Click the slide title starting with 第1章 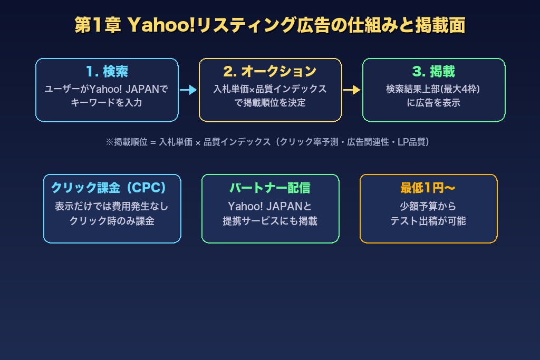coord(269,25)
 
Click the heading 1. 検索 coord(107,71)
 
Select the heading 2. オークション coord(270,71)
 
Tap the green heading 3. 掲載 coord(433,71)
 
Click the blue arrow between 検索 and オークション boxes coord(188,90)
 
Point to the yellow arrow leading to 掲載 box coord(352,90)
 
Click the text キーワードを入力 coord(107,103)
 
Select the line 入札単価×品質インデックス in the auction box coord(270,89)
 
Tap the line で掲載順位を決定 coord(270,103)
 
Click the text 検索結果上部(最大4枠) coord(433,89)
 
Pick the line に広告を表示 coord(433,103)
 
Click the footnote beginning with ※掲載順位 coord(267,142)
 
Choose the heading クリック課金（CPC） coord(109,188)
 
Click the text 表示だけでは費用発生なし coord(112,207)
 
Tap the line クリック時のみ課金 coord(112,221)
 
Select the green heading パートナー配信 coord(270,188)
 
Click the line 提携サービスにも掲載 coord(270,221)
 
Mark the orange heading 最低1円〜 coord(428,188)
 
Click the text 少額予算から coord(428,207)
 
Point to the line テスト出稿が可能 coord(428,221)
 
